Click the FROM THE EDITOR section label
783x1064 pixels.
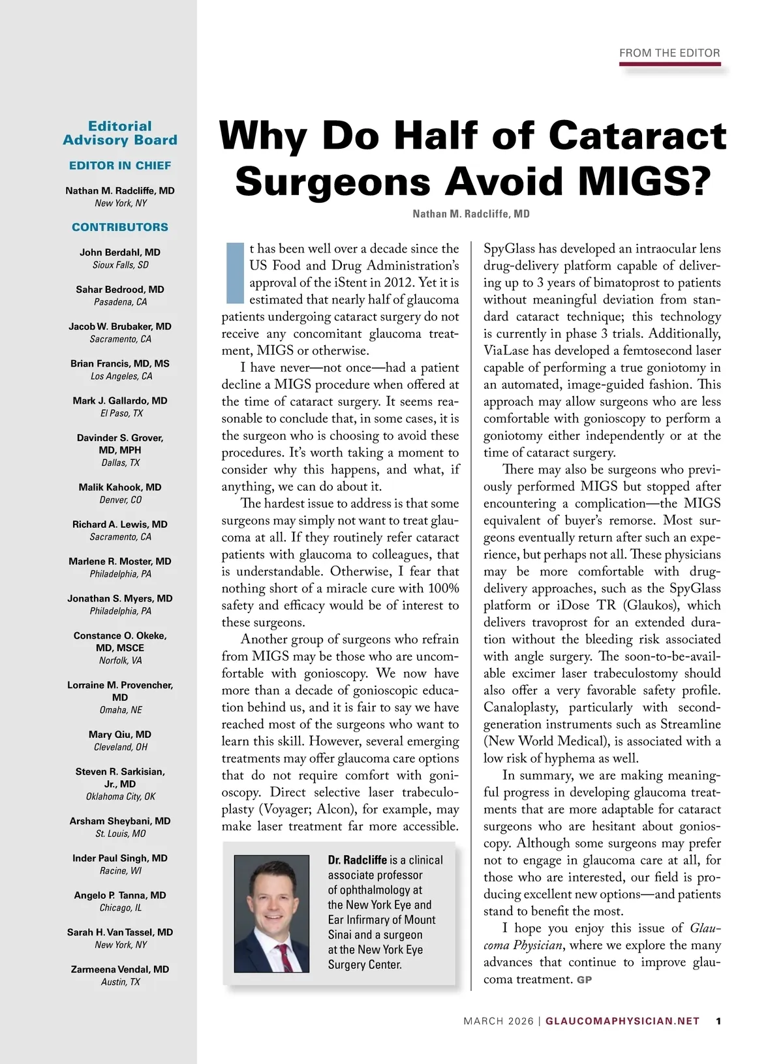pyautogui.click(x=669, y=53)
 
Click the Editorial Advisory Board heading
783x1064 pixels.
pyautogui.click(x=120, y=133)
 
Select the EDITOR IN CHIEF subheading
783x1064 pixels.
pyautogui.click(x=120, y=166)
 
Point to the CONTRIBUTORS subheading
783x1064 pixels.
pyautogui.click(x=120, y=227)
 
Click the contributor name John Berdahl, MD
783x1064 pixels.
pyautogui.click(x=120, y=252)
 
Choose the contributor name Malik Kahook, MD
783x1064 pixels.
pyautogui.click(x=120, y=487)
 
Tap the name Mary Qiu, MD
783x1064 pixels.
pyautogui.click(x=120, y=735)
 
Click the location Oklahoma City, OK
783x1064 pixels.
pyautogui.click(x=120, y=797)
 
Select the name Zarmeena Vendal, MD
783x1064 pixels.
pyautogui.click(x=120, y=969)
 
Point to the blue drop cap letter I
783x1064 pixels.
pyautogui.click(x=234, y=273)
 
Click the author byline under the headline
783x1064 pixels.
pyautogui.click(x=471, y=214)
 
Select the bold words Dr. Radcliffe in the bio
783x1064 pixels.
pyautogui.click(x=357, y=860)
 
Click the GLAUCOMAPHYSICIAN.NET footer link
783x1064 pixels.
pyautogui.click(x=622, y=1021)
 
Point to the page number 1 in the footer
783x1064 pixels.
pyautogui.click(x=718, y=1021)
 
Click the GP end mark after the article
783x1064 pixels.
pyautogui.click(x=584, y=980)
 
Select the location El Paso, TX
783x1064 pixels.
pyautogui.click(x=120, y=414)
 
